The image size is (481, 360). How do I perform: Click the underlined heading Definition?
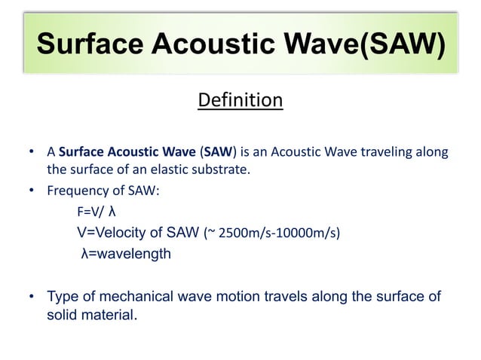tap(240, 100)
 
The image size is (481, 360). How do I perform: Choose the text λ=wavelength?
tap(126, 254)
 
